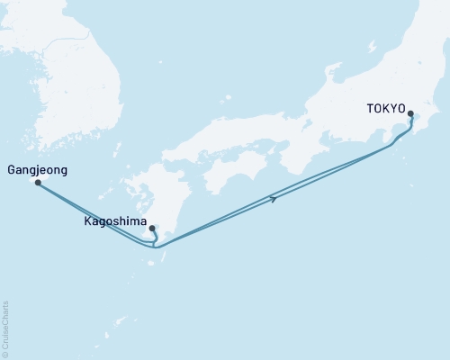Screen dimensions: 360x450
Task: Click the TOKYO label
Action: [386, 108]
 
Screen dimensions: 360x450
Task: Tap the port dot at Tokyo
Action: [411, 114]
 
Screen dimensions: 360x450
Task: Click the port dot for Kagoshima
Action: [152, 228]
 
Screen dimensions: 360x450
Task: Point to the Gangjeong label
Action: [37, 169]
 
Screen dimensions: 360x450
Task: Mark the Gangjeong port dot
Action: [38, 182]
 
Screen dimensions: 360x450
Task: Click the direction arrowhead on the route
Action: [272, 198]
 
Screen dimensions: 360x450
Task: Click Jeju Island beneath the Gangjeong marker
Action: [40, 184]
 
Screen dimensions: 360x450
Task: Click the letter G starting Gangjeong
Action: [11, 169]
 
